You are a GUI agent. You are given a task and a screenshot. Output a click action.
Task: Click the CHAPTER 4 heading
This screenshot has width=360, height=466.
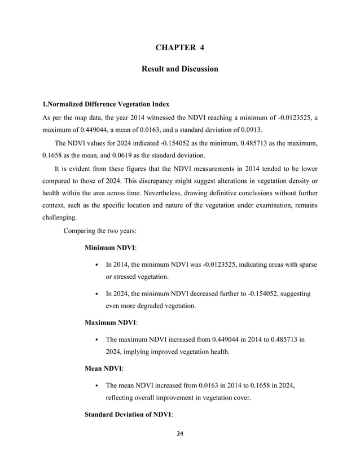[x=179, y=47]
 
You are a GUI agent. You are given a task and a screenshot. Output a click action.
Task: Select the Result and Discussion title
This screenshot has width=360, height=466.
[x=179, y=69]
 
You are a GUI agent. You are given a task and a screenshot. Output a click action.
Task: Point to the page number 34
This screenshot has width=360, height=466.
[x=180, y=434]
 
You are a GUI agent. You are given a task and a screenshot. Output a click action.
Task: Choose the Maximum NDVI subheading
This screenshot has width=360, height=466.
[x=111, y=323]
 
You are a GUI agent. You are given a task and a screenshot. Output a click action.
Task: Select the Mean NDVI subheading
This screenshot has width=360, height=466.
[x=103, y=367]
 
